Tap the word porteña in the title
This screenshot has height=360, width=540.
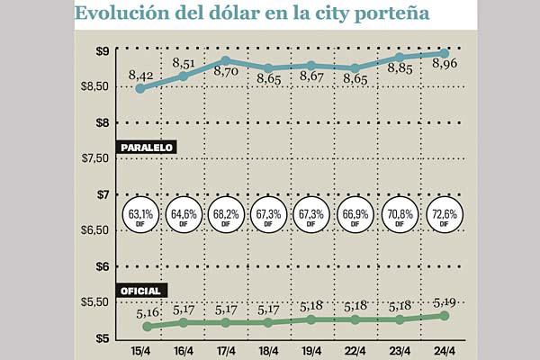[x=393, y=15]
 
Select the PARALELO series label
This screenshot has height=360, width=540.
[x=145, y=147]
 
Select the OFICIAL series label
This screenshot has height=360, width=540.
[x=140, y=291]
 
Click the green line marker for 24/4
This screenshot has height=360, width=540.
[x=445, y=315]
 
